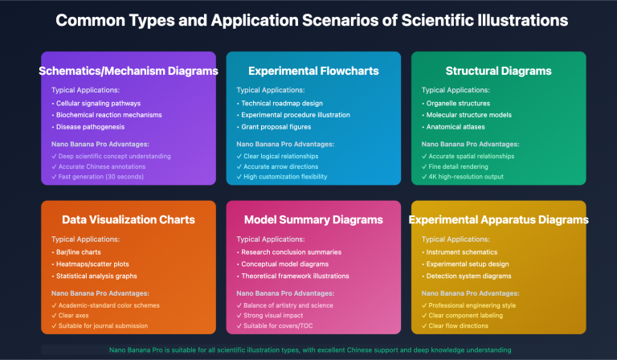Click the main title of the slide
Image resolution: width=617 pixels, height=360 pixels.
(312, 20)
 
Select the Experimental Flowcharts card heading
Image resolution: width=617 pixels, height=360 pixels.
(313, 71)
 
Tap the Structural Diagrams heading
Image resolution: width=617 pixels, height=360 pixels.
(499, 71)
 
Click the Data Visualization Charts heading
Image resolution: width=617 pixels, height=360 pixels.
(129, 219)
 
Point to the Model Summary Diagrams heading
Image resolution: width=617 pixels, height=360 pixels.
(313, 219)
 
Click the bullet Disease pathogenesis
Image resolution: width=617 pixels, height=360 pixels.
(88, 127)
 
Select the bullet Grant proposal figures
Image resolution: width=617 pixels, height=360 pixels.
(274, 127)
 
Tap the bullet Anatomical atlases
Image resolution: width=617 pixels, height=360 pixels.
(453, 127)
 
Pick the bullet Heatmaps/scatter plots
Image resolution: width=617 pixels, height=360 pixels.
(91, 264)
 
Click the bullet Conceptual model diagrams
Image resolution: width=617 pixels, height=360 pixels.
(283, 264)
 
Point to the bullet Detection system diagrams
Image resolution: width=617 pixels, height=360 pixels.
(467, 276)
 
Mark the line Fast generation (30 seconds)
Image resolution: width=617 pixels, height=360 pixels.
(97, 177)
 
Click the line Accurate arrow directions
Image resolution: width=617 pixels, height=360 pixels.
(277, 166)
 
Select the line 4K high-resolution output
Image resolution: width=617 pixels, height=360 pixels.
(463, 177)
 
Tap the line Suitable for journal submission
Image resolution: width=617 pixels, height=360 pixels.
(100, 325)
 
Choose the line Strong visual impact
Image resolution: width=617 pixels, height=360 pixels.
(270, 316)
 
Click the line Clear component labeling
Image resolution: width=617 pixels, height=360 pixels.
(463, 316)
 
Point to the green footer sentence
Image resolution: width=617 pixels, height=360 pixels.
(310, 350)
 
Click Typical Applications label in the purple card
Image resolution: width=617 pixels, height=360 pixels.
(85, 90)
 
